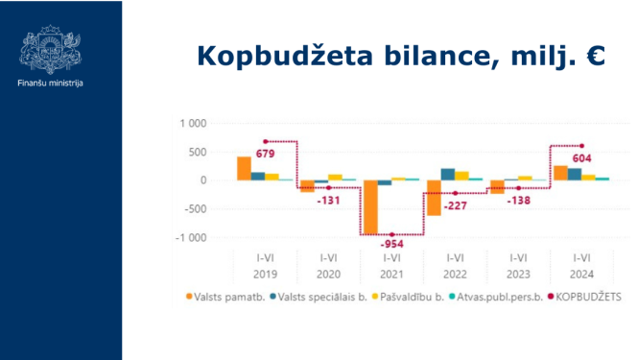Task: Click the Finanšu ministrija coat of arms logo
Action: [x=50, y=49]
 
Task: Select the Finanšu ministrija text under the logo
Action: [x=50, y=84]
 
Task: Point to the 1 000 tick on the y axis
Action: [x=194, y=124]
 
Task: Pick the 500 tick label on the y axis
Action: [x=198, y=152]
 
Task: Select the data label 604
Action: [x=581, y=159]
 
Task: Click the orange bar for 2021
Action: [x=369, y=206]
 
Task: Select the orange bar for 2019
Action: [x=244, y=168]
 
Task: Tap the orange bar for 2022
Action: [x=434, y=197]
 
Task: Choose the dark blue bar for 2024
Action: [x=574, y=174]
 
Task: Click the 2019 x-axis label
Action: [x=265, y=273]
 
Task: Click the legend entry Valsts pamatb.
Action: [x=222, y=297]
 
